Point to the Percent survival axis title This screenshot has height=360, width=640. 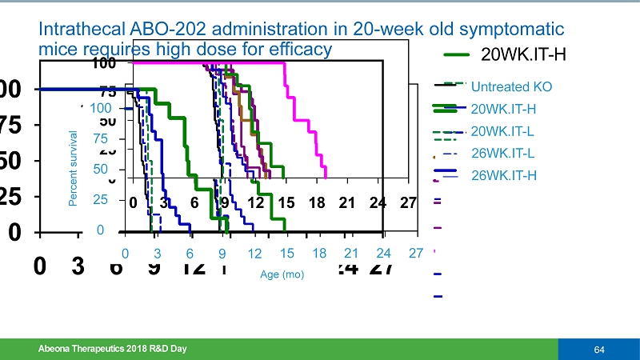coord(74,169)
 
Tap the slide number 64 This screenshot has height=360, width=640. coord(598,350)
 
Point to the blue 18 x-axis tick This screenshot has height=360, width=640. coord(319,254)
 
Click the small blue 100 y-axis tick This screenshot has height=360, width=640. coord(101,108)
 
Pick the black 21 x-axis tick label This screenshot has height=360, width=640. coord(346,202)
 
